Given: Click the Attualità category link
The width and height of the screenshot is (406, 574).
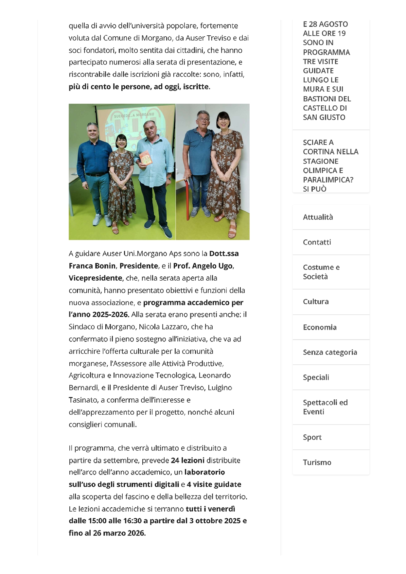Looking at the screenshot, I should pos(318,217).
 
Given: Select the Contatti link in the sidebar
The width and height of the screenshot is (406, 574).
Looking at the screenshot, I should pos(317,242).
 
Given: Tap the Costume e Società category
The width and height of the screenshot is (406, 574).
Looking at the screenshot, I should pos(321,272).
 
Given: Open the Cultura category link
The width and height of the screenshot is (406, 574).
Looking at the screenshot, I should pos(316,302).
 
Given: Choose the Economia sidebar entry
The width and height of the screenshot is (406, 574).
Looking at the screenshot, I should pos(320,327).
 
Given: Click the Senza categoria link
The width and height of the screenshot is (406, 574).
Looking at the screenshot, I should pos(330,352).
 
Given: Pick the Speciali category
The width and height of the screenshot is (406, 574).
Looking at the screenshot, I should pos(316,377).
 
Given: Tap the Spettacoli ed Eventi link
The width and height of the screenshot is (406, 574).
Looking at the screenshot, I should pos(325,407).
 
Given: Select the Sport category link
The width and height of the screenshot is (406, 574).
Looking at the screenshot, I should pos(312,437).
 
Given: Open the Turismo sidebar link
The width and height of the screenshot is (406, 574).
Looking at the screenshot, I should pos(317,462).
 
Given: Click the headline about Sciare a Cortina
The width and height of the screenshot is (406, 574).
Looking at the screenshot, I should pos(330,165).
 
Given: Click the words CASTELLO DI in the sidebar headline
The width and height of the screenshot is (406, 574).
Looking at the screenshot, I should pos(325,108).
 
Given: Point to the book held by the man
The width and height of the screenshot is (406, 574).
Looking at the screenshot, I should pos(146,158).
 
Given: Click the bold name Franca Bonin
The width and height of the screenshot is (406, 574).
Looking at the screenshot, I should pos(92,266).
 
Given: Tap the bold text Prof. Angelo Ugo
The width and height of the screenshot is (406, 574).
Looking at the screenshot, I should pos(203,266).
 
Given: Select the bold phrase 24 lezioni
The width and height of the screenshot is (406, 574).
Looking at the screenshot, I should pos(187,461).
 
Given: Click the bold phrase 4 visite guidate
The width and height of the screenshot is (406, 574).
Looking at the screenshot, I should pos(214,485).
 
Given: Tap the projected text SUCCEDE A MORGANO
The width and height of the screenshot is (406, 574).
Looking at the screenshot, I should pos(134,115).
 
